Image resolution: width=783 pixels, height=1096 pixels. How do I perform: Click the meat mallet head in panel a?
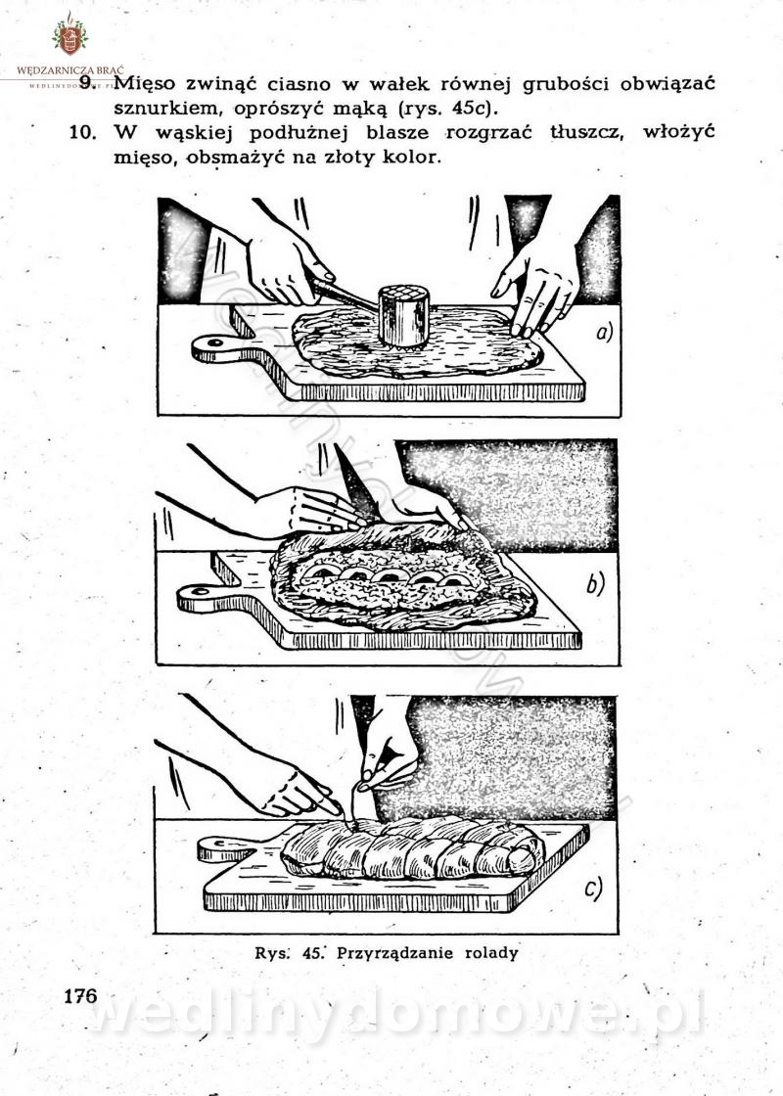[403, 315]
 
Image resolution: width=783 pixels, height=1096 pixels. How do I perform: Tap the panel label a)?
[604, 332]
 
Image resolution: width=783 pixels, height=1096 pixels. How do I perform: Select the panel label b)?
[595, 583]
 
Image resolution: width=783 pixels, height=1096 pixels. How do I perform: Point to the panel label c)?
[593, 890]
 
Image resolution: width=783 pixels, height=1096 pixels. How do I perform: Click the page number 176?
[81, 995]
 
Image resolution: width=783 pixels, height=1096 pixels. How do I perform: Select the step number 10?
[83, 132]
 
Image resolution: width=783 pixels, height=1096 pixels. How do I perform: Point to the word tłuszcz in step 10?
[585, 132]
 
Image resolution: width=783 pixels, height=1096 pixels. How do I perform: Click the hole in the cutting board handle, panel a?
[213, 342]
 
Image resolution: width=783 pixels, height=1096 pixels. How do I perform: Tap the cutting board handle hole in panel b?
[200, 592]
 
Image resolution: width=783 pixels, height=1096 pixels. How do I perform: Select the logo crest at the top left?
[69, 35]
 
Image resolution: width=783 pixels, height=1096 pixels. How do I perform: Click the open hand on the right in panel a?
[535, 285]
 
